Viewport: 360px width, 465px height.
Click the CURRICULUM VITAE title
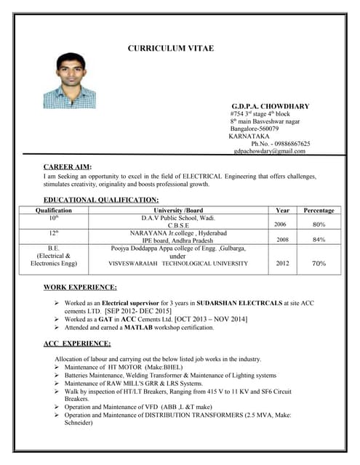click(x=171, y=48)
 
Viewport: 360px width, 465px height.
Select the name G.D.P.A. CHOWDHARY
click(x=270, y=106)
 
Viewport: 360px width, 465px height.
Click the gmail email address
click(x=270, y=151)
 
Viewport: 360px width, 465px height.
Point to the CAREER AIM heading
click(x=68, y=167)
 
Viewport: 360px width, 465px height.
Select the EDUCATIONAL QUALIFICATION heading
click(x=101, y=199)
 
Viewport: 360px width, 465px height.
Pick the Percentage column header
click(x=319, y=210)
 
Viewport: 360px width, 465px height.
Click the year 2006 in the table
click(x=280, y=225)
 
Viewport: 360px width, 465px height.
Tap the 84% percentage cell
click(x=319, y=239)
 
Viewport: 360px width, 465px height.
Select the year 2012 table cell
click(x=283, y=264)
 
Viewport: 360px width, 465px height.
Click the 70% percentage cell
click(x=319, y=264)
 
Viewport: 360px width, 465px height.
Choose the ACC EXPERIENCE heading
click(x=77, y=343)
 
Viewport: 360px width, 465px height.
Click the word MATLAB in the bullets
click(x=140, y=328)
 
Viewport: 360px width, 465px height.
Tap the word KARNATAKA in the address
click(x=249, y=136)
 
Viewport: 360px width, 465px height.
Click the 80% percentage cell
click(x=319, y=225)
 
